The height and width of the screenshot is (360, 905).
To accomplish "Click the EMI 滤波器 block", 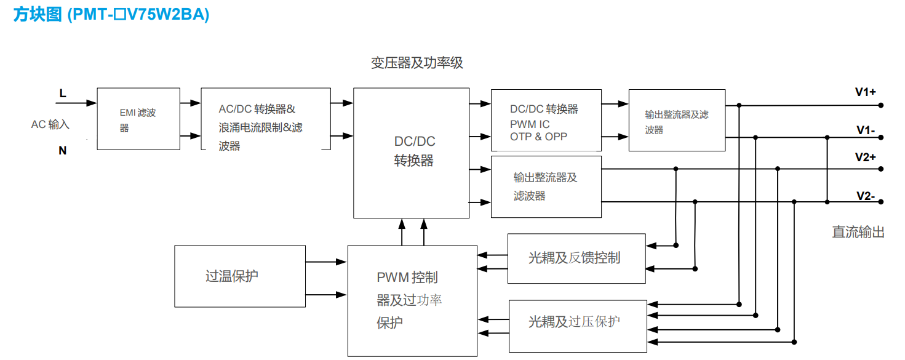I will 138,119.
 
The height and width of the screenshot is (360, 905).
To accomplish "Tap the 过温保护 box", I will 240,276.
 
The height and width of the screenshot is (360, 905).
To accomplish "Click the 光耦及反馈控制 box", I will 576,258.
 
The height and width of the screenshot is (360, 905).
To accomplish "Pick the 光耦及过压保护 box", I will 578,326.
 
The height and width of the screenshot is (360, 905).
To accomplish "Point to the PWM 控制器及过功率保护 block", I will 412,300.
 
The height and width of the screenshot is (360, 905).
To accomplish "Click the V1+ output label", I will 865,92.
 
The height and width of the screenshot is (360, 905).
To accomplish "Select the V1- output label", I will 865,130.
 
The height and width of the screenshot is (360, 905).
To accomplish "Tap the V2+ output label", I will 865,157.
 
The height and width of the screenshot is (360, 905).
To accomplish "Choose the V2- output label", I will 865,196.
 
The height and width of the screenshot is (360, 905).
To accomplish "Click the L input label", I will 63,94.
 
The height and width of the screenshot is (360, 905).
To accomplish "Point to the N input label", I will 63,150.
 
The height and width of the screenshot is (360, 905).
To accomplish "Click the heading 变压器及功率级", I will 417,63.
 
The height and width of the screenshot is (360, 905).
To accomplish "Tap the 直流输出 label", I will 858,233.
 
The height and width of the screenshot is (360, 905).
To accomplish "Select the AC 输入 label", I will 50,125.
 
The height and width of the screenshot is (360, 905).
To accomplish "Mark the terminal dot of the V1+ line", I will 881,105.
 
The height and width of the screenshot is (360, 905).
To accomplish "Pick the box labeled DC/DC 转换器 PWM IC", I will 546,120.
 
